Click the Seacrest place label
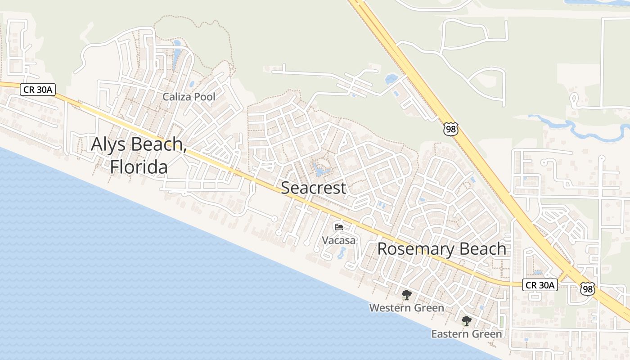point(314,188)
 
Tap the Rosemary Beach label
point(441,249)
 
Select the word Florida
point(139,167)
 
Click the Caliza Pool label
point(189,97)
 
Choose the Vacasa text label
point(338,241)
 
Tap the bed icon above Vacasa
point(339,227)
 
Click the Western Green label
point(406,308)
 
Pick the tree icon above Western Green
point(407,295)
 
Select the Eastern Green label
point(466,334)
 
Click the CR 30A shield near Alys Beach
point(37,90)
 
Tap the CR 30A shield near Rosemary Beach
point(540,285)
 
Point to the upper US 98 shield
point(450,129)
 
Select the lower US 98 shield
point(587,288)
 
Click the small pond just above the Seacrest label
point(320,171)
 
